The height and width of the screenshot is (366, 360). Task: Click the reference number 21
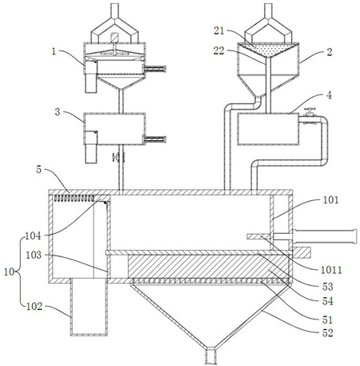pos(219,30)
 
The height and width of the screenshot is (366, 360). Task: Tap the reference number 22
pos(219,50)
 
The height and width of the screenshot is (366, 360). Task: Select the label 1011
pos(331,270)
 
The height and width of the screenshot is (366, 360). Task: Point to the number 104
pos(33,235)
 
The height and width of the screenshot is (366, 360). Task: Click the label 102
pos(34,306)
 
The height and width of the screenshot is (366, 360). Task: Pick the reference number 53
pos(328,287)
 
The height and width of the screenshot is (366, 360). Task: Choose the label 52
pos(328,333)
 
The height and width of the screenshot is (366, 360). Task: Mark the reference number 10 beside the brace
pos(9,271)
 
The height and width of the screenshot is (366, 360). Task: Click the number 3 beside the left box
pos(58,112)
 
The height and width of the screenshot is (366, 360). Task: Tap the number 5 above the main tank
pos(39,170)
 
